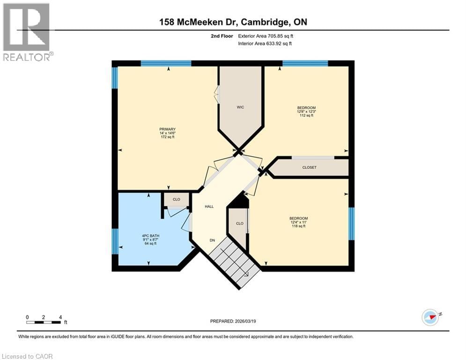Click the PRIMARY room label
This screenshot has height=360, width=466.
(167, 129)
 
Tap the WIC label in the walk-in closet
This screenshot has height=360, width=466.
(240, 107)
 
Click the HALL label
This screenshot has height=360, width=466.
(209, 206)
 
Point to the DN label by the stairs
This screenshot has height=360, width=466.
(212, 240)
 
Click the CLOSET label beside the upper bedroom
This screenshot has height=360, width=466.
(309, 167)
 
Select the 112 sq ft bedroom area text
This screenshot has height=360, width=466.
(306, 116)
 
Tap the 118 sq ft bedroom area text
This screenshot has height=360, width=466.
(298, 226)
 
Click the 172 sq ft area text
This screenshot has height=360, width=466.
(167, 137)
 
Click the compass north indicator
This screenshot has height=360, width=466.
(430, 317)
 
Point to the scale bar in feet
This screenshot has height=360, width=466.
(44, 322)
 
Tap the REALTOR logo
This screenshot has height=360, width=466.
(27, 32)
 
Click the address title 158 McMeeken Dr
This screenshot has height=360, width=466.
(233, 22)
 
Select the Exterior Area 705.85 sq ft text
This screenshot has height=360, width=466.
(266, 36)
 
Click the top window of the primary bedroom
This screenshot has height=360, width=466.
(166, 63)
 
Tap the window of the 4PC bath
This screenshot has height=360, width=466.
(114, 241)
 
